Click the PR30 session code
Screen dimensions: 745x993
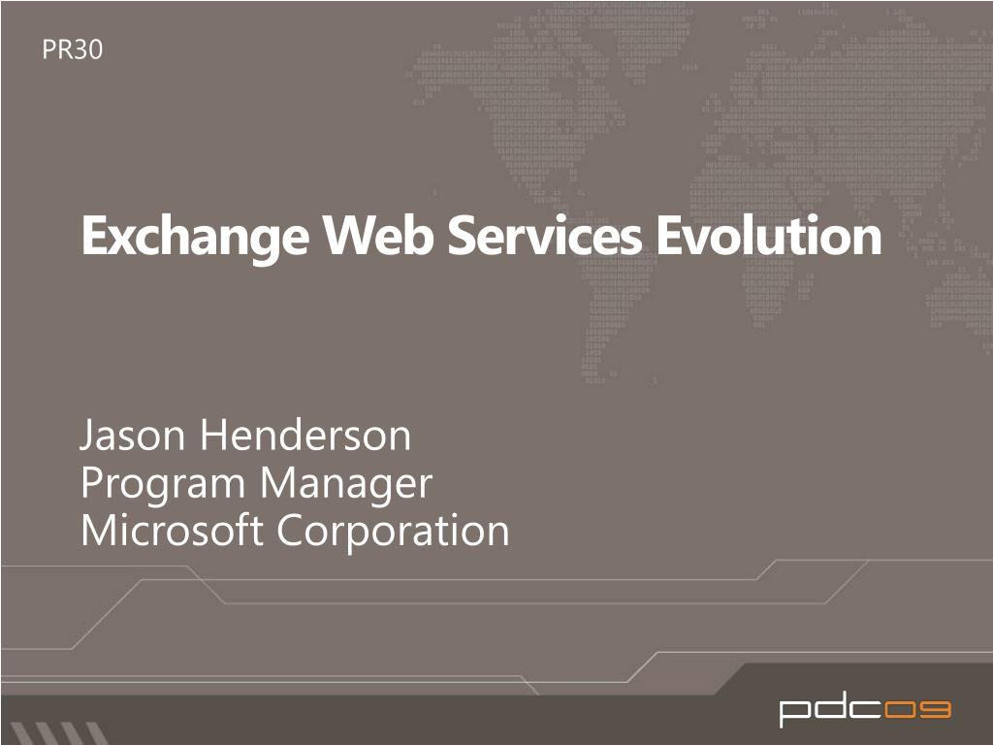click(x=72, y=50)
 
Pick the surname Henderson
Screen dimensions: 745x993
click(x=305, y=437)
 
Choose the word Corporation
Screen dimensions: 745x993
click(x=393, y=531)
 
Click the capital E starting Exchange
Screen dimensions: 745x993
click(x=93, y=237)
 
